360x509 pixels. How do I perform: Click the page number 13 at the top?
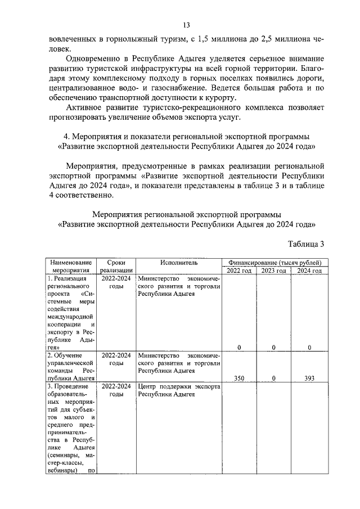coord(186,25)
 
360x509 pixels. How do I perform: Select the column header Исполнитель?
coord(178,262)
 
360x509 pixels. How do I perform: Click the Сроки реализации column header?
coord(116,266)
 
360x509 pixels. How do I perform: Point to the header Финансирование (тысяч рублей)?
coord(274,262)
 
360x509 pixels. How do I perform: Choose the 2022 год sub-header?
coord(239,271)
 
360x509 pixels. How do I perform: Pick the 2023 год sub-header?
coord(273,271)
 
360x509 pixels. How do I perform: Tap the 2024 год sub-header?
coord(309,271)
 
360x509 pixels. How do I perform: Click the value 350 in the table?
coord(239,379)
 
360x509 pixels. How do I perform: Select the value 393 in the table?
coord(309,379)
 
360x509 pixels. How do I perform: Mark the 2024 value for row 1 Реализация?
coord(309,348)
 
